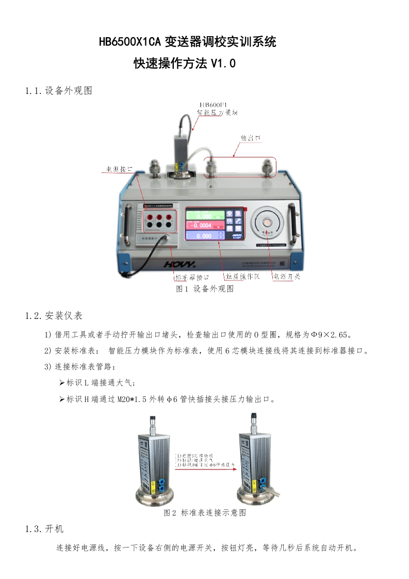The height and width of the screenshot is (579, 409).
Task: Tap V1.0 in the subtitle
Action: (223, 64)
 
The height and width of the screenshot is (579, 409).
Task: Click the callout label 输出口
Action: (251, 139)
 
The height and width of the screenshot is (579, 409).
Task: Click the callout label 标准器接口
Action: (192, 277)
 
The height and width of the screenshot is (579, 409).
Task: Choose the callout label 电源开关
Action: (287, 277)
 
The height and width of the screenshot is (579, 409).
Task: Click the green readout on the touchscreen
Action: (205, 216)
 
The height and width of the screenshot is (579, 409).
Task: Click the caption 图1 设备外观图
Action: (205, 289)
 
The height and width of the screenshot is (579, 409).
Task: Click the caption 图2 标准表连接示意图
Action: (205, 513)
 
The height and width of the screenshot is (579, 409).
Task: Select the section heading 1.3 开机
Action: (44, 529)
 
